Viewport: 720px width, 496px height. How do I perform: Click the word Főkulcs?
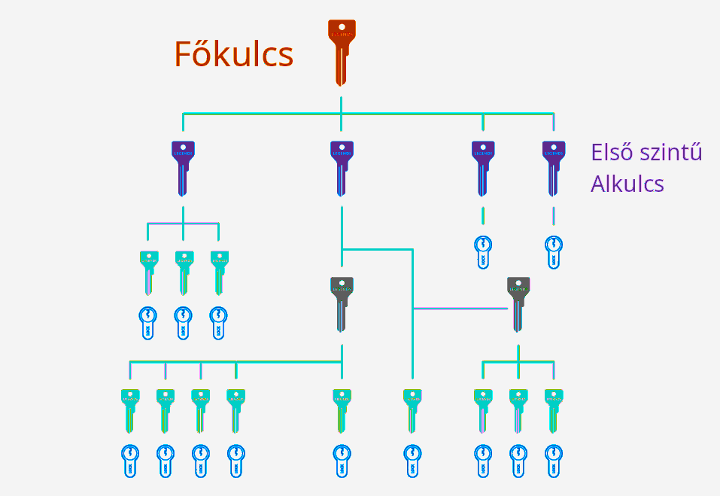233,54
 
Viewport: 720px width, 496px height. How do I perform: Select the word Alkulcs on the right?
627,184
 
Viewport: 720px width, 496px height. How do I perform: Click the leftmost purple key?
183,167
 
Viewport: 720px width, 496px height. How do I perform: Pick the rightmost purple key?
554,167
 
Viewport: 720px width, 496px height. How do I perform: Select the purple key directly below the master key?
342,167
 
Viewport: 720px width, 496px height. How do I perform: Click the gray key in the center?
342,303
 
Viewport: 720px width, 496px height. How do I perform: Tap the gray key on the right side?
518,303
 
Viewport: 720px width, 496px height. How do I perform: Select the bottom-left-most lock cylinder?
130,461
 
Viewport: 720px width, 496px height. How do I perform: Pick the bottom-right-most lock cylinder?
554,461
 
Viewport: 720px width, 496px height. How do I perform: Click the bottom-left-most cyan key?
130,409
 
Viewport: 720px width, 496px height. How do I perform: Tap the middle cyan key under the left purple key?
184,271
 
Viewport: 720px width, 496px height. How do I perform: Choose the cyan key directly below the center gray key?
342,409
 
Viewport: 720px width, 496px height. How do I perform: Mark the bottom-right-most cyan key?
554,409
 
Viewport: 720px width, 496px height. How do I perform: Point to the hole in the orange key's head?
342,26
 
